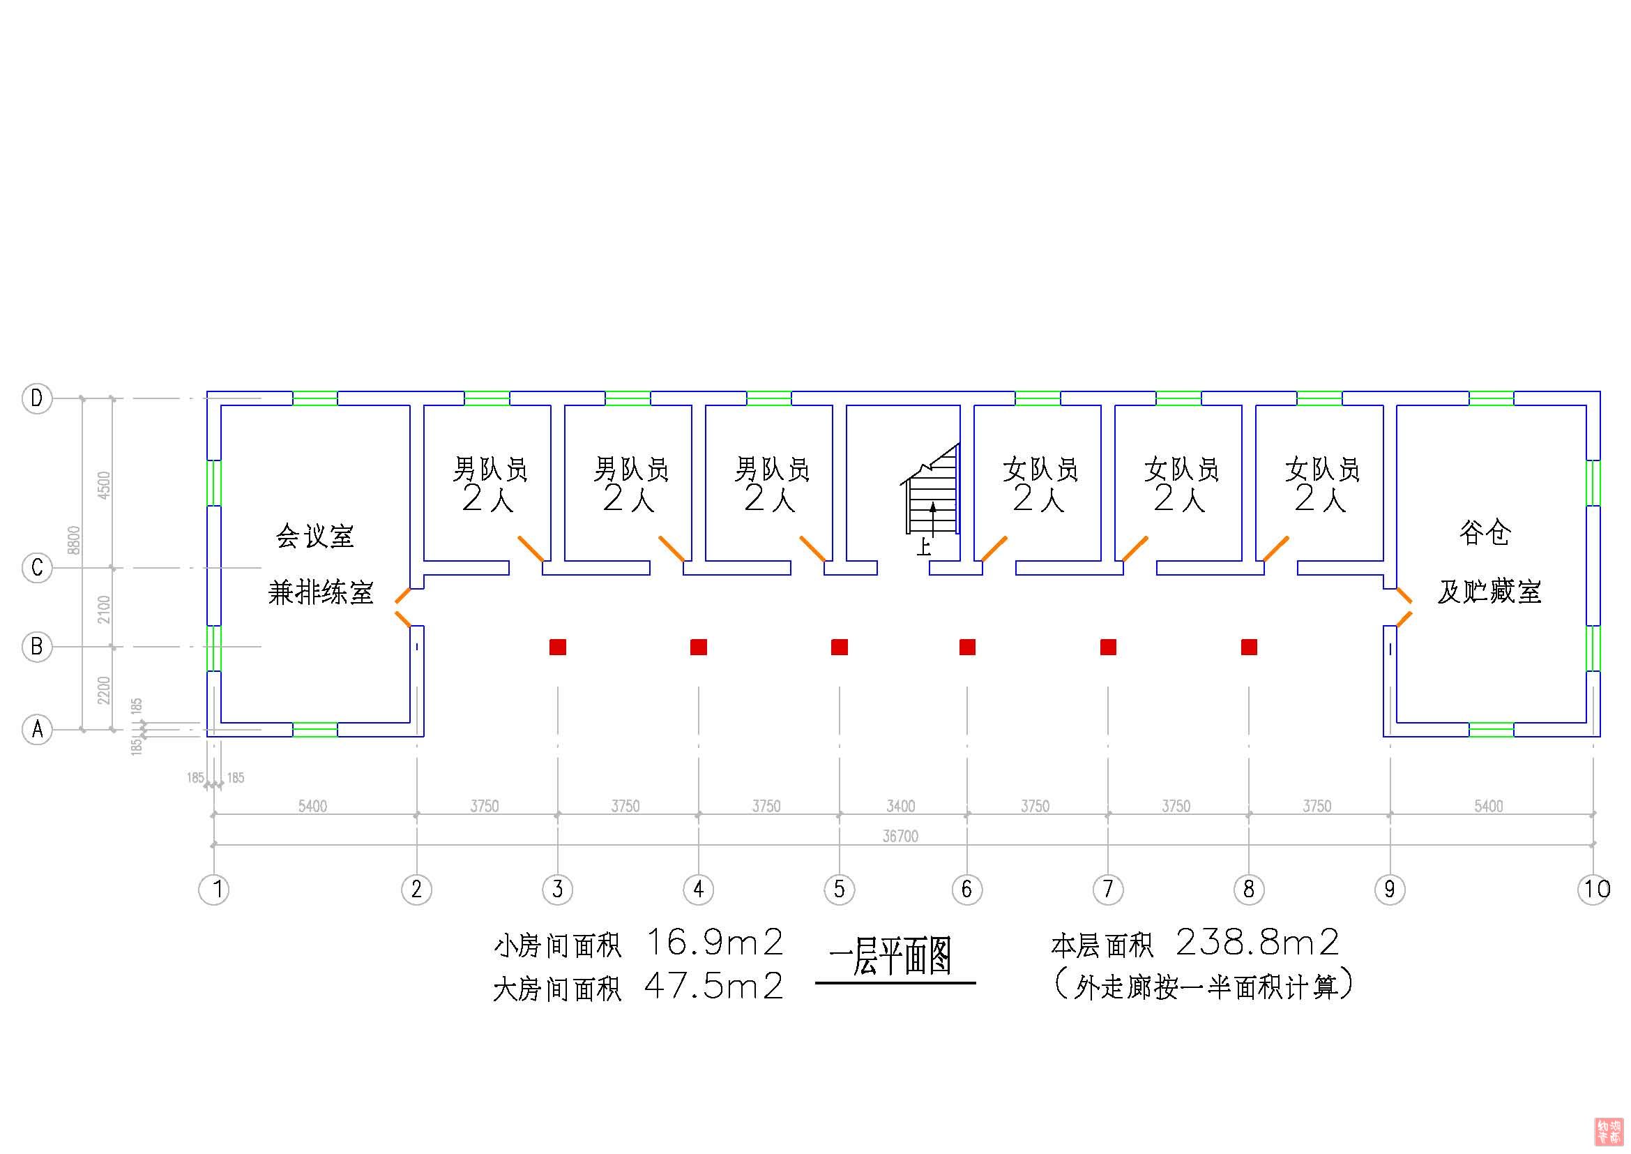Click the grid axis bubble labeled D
coord(37,398)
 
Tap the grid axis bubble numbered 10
coord(1593,889)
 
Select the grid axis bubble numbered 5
coord(839,889)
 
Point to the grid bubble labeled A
coord(37,729)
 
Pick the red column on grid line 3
coord(558,647)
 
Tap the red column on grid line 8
coord(1249,647)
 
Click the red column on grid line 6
coord(966,647)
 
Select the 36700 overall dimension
coord(900,837)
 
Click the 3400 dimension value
coord(900,806)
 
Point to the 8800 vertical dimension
coord(74,540)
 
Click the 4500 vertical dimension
coord(104,485)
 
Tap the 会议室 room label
coord(314,536)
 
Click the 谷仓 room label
coord(1484,532)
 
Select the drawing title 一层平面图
coord(890,956)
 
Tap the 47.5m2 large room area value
coord(714,987)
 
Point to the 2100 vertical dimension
coord(104,609)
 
